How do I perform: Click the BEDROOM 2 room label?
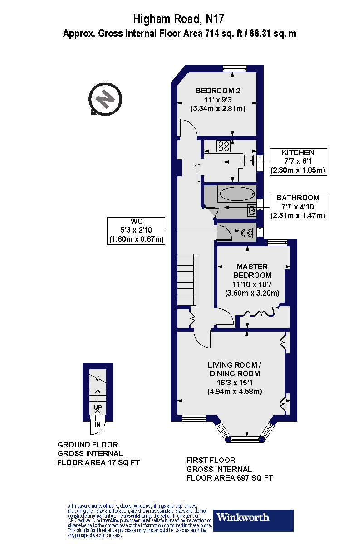pos(218,91)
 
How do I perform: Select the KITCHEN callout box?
pos(298,161)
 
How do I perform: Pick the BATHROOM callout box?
pos(298,207)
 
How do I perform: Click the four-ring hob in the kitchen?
pos(223,146)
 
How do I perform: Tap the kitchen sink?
pos(249,160)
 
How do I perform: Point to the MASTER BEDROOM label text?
pos(252,271)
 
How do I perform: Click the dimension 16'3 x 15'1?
pos(234,383)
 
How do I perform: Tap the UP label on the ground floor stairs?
pos(97,407)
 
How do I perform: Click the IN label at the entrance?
pos(97,425)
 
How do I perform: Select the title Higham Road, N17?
pos(179,19)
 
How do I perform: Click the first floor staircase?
pos(187,280)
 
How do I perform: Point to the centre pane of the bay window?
pos(246,438)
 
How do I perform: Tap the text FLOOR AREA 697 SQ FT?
pos(230,478)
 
